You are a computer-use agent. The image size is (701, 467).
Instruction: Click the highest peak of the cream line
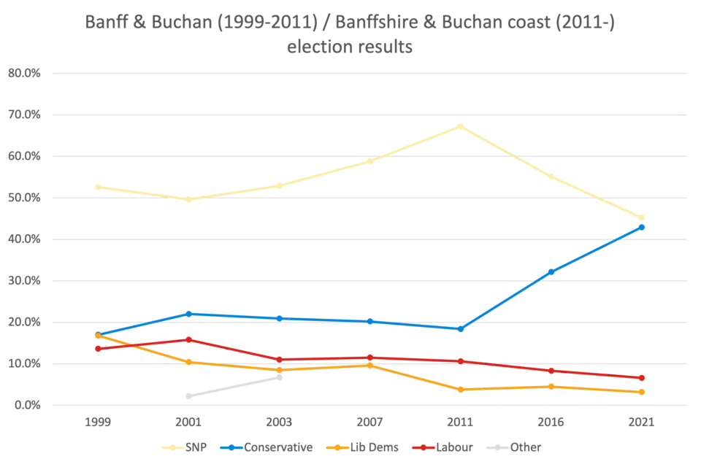pyautogui.click(x=459, y=127)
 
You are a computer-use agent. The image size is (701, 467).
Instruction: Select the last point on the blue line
pyautogui.click(x=642, y=227)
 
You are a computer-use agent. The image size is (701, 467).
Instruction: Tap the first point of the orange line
pyautogui.click(x=98, y=336)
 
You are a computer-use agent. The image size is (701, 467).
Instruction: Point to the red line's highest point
pyautogui.click(x=188, y=339)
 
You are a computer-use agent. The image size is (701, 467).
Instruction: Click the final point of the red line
pyautogui.click(x=642, y=378)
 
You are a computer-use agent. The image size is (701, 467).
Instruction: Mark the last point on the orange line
pyautogui.click(x=642, y=392)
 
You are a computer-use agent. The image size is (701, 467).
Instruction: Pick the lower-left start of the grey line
pyautogui.click(x=187, y=398)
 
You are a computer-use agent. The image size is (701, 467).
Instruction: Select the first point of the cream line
pyautogui.click(x=98, y=186)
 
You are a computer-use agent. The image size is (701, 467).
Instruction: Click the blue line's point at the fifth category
pyautogui.click(x=459, y=328)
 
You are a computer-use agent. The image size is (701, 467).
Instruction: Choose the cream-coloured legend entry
pyautogui.click(x=188, y=447)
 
